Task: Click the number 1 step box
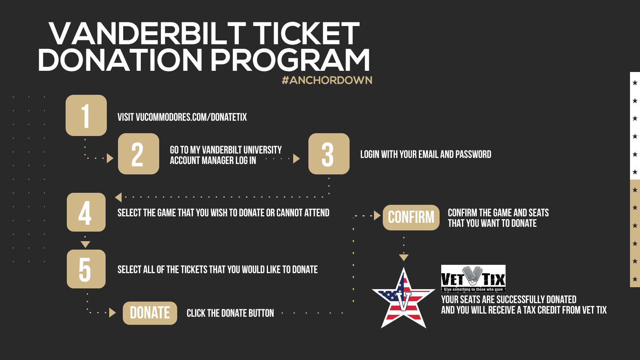tap(86, 116)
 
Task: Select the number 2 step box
tap(138, 154)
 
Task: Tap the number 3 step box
tap(329, 154)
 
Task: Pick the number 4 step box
tap(86, 212)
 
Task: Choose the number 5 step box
tap(86, 269)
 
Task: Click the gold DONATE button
tap(150, 313)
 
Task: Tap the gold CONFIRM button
tap(411, 218)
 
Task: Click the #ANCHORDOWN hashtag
tap(327, 80)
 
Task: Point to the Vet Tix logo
tap(473, 278)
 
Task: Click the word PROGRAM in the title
tap(290, 60)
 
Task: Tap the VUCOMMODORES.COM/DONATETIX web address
tap(191, 117)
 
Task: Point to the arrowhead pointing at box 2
tap(110, 158)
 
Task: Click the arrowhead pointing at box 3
tap(296, 158)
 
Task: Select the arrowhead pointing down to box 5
tap(86, 244)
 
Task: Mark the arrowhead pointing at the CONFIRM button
tap(378, 216)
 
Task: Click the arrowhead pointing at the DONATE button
tap(112, 312)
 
